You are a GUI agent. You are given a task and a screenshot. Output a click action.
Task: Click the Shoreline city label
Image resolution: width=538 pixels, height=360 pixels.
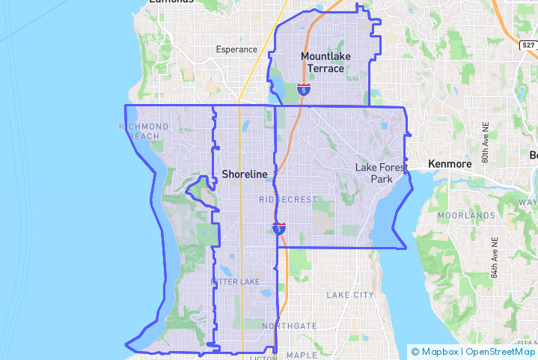(244, 174)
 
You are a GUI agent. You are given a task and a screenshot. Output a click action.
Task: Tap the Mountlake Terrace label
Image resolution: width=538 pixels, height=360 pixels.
(323, 62)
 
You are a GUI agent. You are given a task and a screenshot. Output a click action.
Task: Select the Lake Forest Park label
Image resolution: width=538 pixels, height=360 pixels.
(382, 174)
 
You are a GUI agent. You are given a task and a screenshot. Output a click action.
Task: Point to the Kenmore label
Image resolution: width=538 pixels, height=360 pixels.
(450, 164)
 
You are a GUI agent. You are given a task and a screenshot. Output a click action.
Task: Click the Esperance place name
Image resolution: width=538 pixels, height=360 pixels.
(236, 50)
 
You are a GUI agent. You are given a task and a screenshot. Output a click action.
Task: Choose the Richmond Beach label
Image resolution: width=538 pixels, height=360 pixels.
(144, 131)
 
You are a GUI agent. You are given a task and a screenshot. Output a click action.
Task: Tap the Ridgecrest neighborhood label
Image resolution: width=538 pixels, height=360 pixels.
(288, 200)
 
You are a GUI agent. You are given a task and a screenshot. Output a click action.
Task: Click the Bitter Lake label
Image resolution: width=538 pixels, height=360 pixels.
(235, 281)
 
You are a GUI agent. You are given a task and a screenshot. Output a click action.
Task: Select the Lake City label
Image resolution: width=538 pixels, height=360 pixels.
(349, 295)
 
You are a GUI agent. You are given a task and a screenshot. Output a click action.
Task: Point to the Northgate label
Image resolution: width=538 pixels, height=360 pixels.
(290, 326)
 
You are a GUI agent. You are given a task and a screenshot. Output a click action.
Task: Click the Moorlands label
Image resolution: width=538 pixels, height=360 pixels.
(467, 216)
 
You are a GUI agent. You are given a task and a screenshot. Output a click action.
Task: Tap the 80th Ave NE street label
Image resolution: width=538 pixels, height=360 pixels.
(486, 147)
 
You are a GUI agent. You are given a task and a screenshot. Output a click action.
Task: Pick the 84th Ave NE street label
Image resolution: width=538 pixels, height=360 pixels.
(495, 258)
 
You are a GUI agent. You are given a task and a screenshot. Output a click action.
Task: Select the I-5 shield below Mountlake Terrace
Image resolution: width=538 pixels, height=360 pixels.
(303, 90)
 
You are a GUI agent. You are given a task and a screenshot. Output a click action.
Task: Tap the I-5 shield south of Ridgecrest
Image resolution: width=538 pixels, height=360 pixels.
(279, 228)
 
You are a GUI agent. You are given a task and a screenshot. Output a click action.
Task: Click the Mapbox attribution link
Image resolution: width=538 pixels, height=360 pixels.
(438, 352)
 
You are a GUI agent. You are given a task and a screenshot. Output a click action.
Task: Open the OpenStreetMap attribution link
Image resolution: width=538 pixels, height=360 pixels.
(501, 352)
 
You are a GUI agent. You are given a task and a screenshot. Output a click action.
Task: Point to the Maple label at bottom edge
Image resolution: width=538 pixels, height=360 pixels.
(302, 356)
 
